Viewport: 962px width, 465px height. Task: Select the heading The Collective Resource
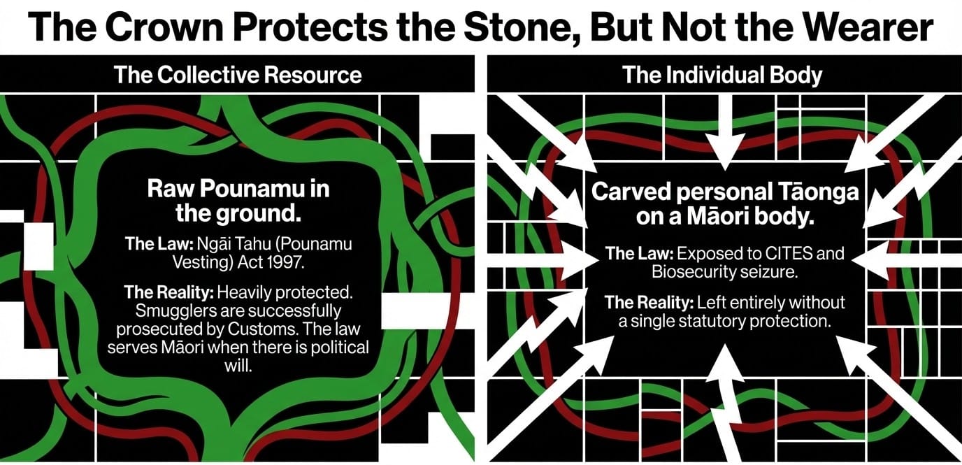click(238, 75)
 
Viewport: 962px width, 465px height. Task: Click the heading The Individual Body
click(722, 75)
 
